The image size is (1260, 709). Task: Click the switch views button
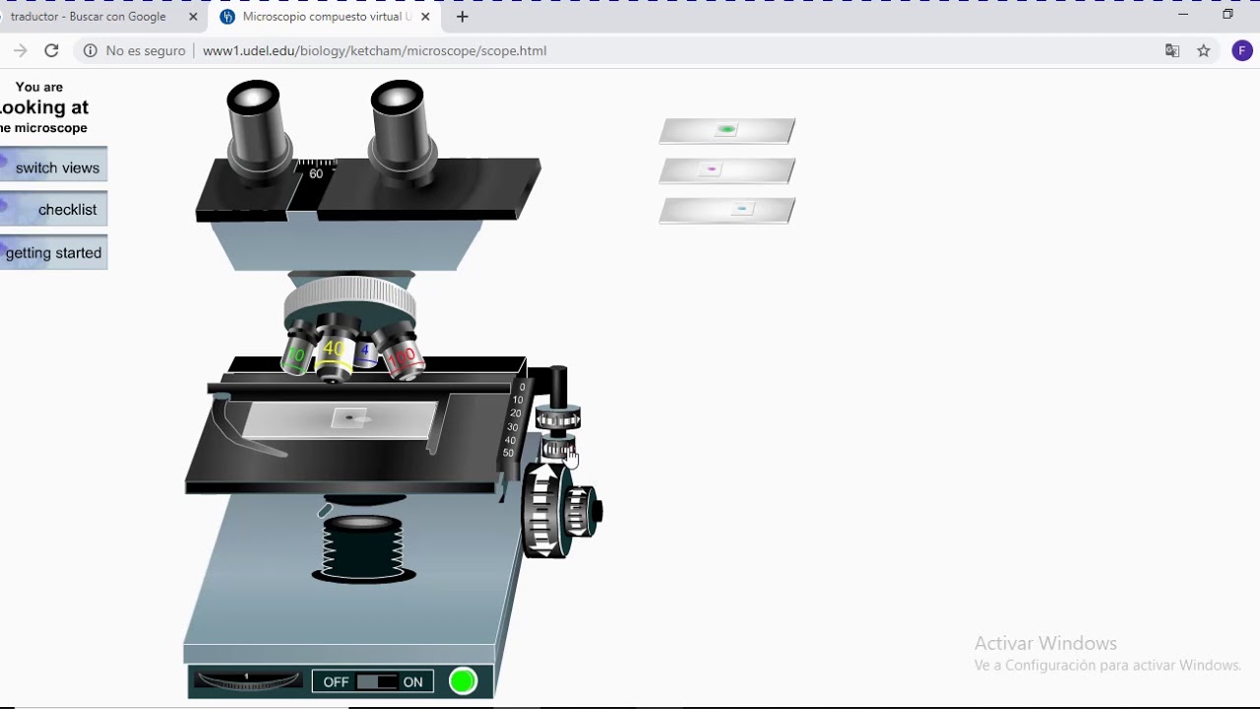(x=55, y=167)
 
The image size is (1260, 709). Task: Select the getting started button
(x=53, y=253)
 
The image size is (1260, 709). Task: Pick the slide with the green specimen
(x=726, y=130)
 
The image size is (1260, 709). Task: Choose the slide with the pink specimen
(x=726, y=170)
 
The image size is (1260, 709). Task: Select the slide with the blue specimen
(x=726, y=210)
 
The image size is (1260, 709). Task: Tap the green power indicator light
(x=463, y=680)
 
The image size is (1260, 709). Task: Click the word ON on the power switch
(x=412, y=681)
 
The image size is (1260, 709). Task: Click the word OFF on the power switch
(x=336, y=681)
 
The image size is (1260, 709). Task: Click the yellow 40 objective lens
(x=335, y=354)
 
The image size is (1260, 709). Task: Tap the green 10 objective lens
(x=294, y=356)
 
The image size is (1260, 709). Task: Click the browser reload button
(x=51, y=50)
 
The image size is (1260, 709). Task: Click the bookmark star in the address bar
(x=1203, y=50)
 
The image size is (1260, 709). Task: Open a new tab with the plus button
(x=462, y=17)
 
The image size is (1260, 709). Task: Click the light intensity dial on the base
(x=247, y=680)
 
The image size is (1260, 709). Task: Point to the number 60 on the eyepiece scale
(x=316, y=173)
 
